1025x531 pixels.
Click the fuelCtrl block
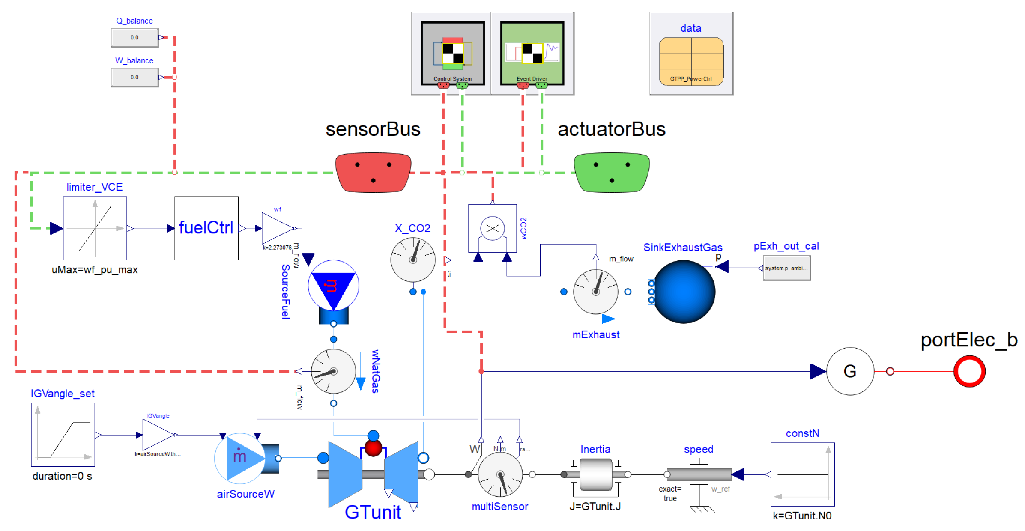pyautogui.click(x=206, y=228)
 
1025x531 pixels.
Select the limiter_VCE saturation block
pyautogui.click(x=95, y=228)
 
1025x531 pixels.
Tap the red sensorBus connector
pyautogui.click(x=373, y=172)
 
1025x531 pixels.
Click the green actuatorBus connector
pyautogui.click(x=611, y=172)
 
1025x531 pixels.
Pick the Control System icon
pyautogui.click(x=452, y=53)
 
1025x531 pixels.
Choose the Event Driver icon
pyautogui.click(x=532, y=53)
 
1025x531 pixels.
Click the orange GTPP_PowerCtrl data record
pyautogui.click(x=691, y=61)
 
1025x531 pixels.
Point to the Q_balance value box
pyautogui.click(x=134, y=38)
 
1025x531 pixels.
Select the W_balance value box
pyautogui.click(x=134, y=78)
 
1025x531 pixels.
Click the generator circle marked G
pyautogui.click(x=850, y=371)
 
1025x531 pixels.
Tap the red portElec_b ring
pyautogui.click(x=969, y=371)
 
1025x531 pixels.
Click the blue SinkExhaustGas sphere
pyautogui.click(x=684, y=292)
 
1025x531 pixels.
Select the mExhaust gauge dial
pyautogui.click(x=595, y=292)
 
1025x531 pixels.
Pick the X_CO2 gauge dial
pyautogui.click(x=413, y=260)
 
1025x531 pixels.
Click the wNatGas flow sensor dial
pyautogui.click(x=333, y=371)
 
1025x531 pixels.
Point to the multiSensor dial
pyautogui.click(x=500, y=474)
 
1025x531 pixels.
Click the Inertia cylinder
pyautogui.click(x=595, y=474)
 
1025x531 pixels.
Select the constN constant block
pyautogui.click(x=802, y=474)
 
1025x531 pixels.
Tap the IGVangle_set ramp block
pyautogui.click(x=63, y=435)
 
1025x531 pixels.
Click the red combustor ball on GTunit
pyautogui.click(x=373, y=448)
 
